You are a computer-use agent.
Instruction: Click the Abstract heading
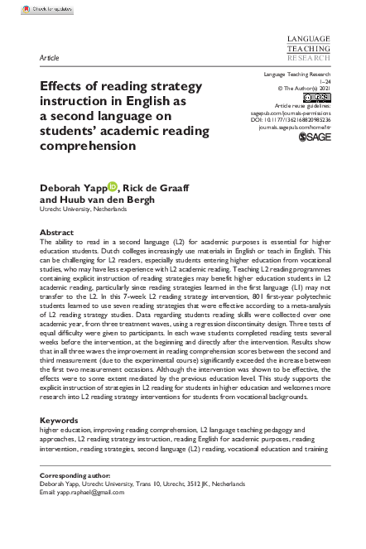[57, 233]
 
